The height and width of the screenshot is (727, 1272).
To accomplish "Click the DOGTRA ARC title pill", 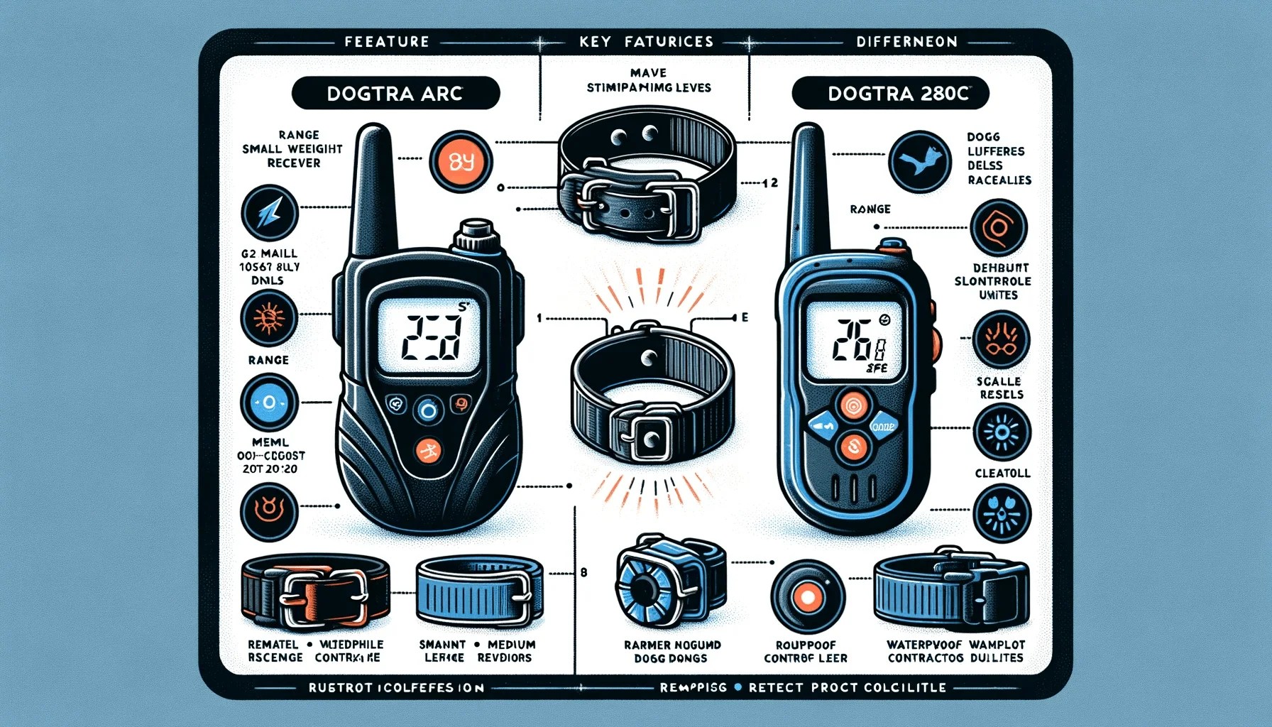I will tap(395, 93).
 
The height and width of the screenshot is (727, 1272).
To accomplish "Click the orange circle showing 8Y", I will tap(461, 162).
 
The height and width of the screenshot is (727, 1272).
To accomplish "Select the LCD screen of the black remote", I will tap(428, 334).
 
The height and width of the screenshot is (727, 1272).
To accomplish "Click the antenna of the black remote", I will tap(373, 188).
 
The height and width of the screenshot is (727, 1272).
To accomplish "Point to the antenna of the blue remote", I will tap(808, 192).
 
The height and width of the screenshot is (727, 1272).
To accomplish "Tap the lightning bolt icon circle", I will tap(270, 212).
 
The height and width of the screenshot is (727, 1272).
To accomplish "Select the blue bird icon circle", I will tap(920, 162).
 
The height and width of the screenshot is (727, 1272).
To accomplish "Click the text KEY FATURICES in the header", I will tap(646, 42).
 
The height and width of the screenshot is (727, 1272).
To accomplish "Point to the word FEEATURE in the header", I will tap(387, 42).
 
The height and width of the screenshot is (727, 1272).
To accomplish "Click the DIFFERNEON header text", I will tap(906, 42).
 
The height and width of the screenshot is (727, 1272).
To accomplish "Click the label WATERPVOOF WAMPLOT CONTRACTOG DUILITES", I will tap(955, 651).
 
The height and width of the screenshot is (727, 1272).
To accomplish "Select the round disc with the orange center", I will tap(807, 596).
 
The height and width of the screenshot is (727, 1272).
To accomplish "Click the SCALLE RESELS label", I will tap(999, 388).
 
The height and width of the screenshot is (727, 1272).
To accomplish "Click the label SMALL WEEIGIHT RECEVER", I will tap(292, 149).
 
